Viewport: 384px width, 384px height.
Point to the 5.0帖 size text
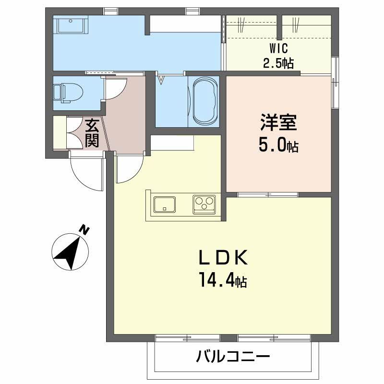(x=279, y=144)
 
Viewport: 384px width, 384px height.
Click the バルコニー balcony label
(x=234, y=357)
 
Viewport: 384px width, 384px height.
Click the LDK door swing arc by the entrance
(x=129, y=169)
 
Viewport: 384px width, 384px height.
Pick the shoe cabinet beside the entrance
(x=60, y=132)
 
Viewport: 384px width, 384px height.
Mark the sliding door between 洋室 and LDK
(x=267, y=194)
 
